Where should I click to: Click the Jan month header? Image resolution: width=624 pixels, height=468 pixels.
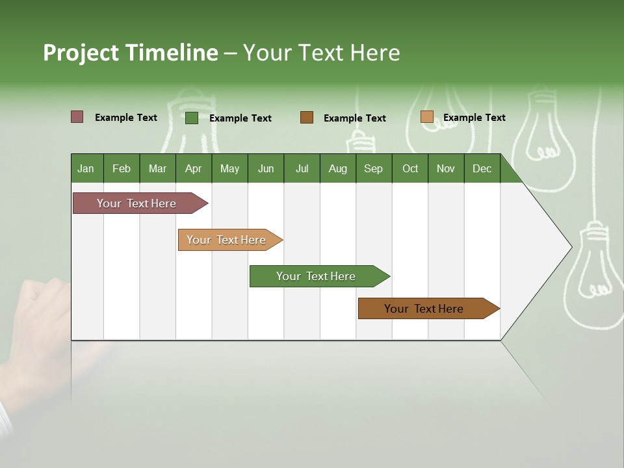tap(86, 168)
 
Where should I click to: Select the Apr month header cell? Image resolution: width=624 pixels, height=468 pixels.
tap(194, 168)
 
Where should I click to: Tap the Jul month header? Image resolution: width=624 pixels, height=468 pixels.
tap(302, 168)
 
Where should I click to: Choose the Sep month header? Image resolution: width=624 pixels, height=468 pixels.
tap(374, 168)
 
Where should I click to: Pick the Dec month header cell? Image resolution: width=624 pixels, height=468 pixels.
tap(482, 168)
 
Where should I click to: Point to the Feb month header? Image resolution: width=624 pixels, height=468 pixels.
tap(122, 168)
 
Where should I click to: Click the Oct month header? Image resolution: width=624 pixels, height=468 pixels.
tap(410, 168)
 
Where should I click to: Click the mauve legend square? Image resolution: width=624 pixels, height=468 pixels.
tap(77, 117)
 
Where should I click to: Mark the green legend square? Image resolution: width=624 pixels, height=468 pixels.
tap(191, 118)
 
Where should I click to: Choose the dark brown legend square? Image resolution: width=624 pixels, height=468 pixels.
tap(307, 117)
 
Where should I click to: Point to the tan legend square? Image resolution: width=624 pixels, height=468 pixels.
tap(426, 117)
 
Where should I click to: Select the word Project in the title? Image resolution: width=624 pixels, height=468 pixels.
tap(81, 53)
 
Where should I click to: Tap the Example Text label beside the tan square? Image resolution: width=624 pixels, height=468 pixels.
tap(474, 118)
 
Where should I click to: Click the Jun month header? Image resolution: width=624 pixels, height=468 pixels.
tap(266, 168)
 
